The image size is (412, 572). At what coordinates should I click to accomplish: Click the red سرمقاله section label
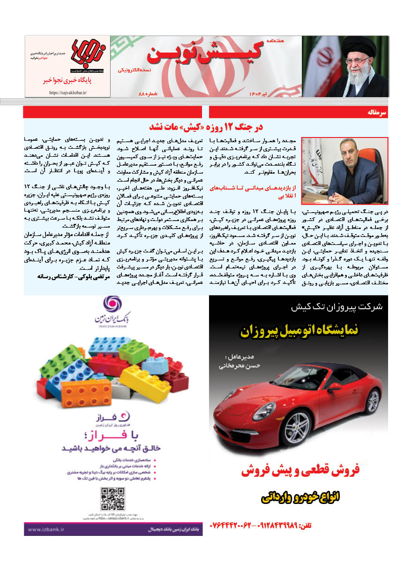pos(378,113)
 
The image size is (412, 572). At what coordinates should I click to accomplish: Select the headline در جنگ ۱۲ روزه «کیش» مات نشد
pos(207,127)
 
